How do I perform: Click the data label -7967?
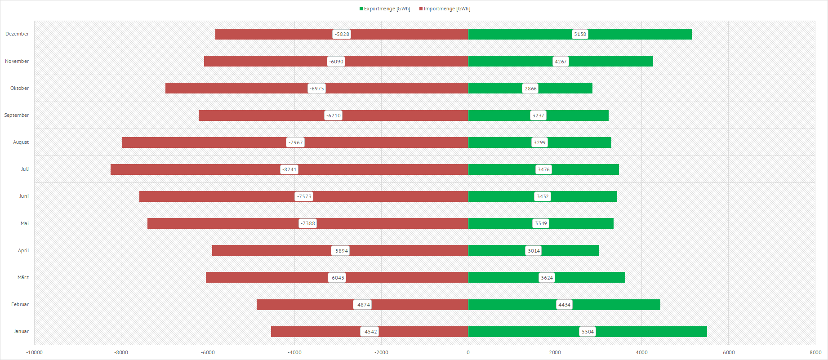click(295, 142)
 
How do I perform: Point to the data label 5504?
click(588, 332)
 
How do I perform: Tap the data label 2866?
click(530, 89)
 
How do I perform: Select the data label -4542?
click(369, 332)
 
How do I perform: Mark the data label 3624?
click(547, 278)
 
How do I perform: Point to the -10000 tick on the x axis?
click(34, 352)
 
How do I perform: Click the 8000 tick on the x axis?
click(815, 352)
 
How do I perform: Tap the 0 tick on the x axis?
click(468, 352)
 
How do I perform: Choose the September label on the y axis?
click(17, 116)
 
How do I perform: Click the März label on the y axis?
click(23, 278)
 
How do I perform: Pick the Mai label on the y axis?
click(24, 223)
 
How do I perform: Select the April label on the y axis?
click(23, 251)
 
